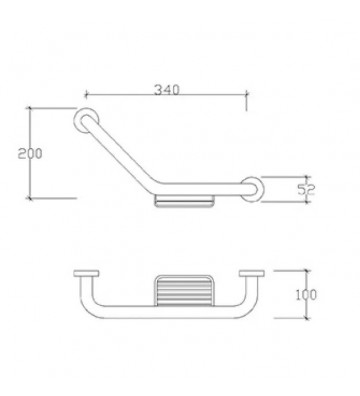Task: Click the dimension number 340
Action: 167,90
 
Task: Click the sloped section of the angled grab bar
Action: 120,149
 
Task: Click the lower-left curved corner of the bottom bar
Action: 87,309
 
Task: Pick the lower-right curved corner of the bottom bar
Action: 253,309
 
